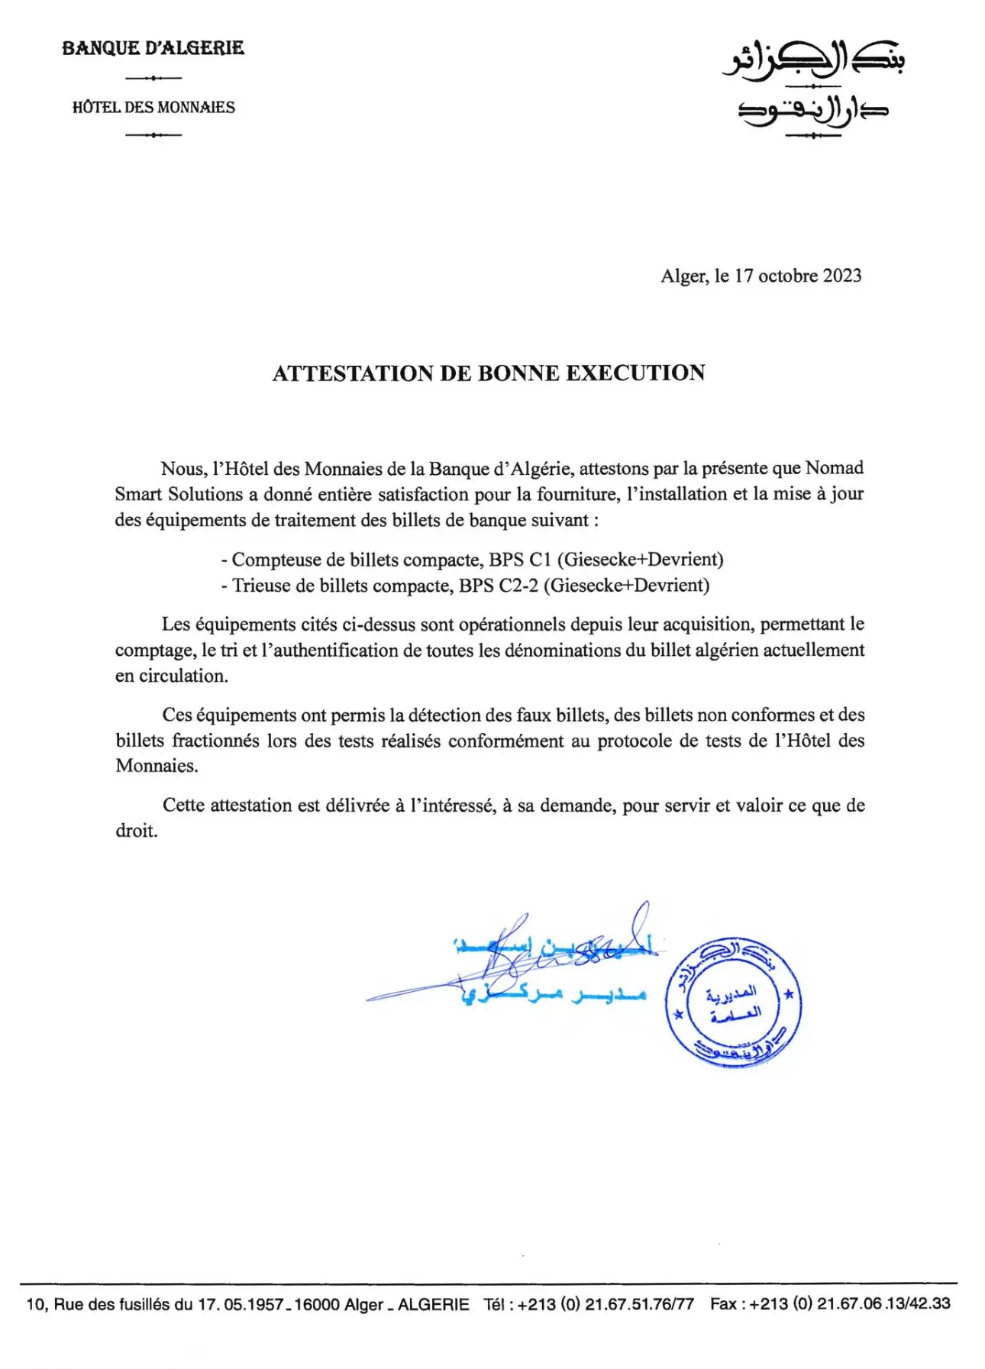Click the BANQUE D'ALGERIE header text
153,48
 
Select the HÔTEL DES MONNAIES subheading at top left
153,107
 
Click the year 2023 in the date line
842,276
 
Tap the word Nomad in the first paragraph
835,468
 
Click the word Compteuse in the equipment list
276,560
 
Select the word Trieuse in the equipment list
262,586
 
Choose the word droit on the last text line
136,831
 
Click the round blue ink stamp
733,1002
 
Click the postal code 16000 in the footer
316,1304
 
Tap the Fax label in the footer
722,1304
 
